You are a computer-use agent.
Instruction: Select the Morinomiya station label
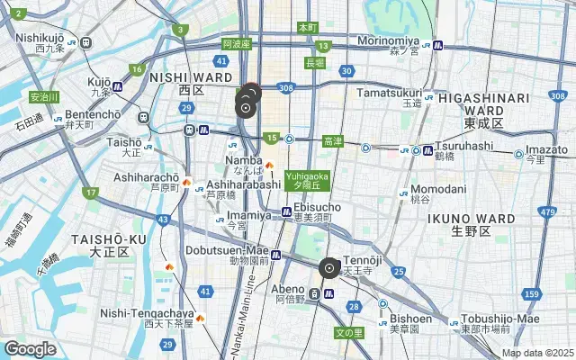(388, 40)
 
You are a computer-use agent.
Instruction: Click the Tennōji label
(364, 261)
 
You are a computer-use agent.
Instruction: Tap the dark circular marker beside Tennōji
(330, 267)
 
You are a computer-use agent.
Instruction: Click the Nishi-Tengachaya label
(147, 312)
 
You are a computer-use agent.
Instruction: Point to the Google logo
(30, 348)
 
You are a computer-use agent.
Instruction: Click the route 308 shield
(286, 87)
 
